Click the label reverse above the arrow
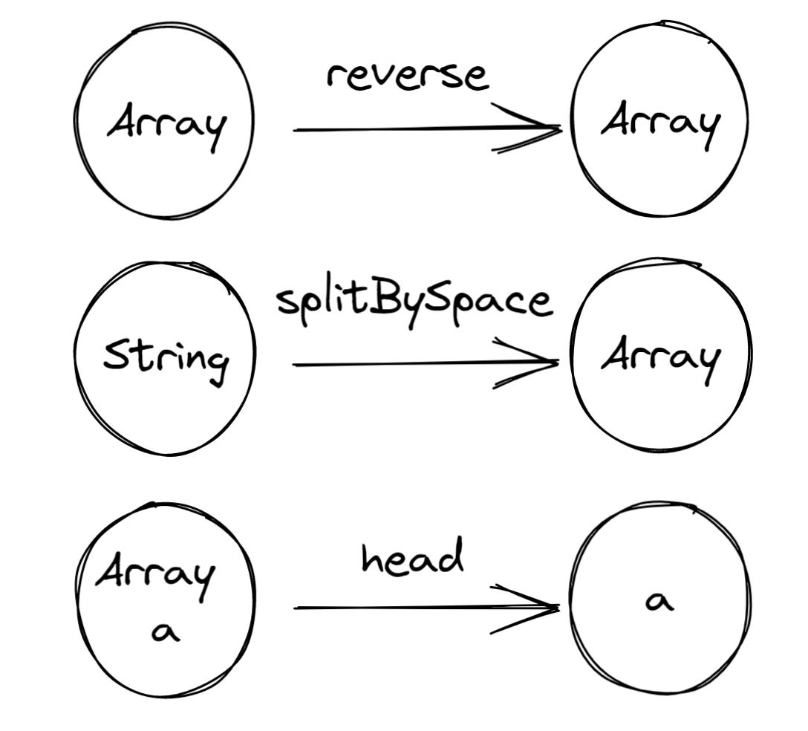(x=408, y=76)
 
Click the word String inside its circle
(x=166, y=358)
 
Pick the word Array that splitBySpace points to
(x=660, y=358)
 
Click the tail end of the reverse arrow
(x=296, y=130)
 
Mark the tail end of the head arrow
(x=296, y=608)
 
